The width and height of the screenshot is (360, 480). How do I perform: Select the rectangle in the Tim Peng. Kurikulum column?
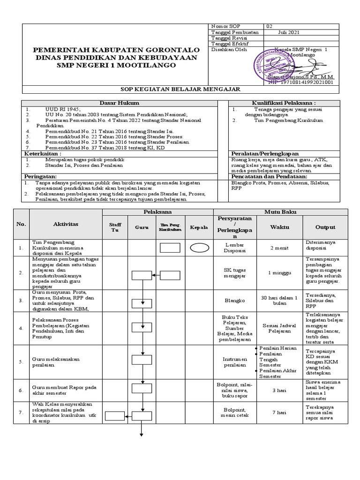pos(169,248)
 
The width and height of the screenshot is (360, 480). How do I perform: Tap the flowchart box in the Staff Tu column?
pos(113,415)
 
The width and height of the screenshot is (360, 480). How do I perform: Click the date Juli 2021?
pos(281,33)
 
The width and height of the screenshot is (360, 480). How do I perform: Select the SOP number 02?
pos(269,26)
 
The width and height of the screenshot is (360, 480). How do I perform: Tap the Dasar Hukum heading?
pos(123,103)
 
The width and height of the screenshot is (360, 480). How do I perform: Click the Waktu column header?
pos(279,227)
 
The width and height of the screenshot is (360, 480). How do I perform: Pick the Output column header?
pos(325,227)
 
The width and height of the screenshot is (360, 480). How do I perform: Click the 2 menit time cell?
pos(279,248)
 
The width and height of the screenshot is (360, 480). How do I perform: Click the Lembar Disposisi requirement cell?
pos(234,248)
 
